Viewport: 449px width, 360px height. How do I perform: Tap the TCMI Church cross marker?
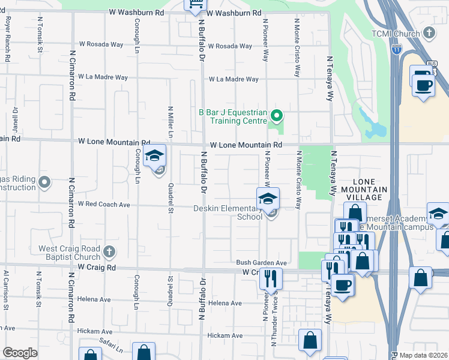pyautogui.click(x=429, y=32)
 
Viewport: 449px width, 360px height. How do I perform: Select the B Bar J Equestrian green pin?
pyautogui.click(x=277, y=115)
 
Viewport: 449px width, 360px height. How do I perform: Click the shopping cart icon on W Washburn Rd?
pyautogui.click(x=195, y=5)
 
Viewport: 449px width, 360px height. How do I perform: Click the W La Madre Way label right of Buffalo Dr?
pyautogui.click(x=234, y=79)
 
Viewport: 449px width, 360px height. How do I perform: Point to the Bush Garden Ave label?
pyautogui.click(x=261, y=263)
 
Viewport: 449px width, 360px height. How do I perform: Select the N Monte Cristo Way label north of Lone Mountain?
pyautogui.click(x=297, y=47)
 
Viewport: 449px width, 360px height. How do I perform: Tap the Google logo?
pyautogui.click(x=20, y=353)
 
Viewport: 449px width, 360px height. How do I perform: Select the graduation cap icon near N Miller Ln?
pyautogui.click(x=155, y=158)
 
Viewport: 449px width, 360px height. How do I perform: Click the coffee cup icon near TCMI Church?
pyautogui.click(x=424, y=84)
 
